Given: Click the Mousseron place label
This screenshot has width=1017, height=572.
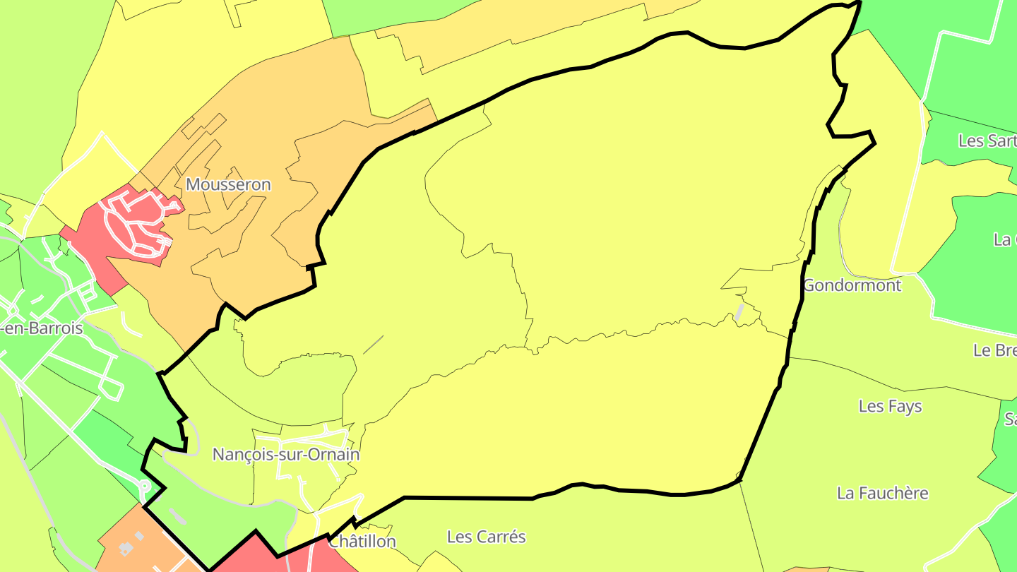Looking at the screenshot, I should pos(228,185).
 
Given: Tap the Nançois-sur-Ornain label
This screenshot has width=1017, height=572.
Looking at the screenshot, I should pos(286,455).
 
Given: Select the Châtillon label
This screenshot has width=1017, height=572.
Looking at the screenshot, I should pos(362,542).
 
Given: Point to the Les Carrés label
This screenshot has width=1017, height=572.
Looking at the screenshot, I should pos(487,537).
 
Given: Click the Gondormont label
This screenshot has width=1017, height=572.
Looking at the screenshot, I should pos(852,285).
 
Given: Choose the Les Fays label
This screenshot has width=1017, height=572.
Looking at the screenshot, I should pos(890,407).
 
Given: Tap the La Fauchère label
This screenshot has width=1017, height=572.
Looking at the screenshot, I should pos(882,493).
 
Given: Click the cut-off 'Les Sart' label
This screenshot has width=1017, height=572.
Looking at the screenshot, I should pos(987,141).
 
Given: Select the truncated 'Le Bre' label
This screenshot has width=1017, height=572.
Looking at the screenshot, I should pos(994,350).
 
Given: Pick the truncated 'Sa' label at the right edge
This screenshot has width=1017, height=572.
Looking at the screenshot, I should pos(1010,419).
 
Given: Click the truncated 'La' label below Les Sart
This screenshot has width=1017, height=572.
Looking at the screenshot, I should pos(1004,239).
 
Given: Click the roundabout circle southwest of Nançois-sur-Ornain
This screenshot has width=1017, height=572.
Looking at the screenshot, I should pos(144,487).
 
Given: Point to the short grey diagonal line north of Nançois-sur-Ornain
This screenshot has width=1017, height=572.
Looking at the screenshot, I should pos(373,345).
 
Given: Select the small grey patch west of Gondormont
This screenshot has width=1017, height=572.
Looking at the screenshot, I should pos(739,311).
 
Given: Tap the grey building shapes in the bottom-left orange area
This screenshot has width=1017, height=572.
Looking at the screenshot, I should pos(127,547).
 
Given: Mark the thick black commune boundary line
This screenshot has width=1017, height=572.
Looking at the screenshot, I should pos(466,498).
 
